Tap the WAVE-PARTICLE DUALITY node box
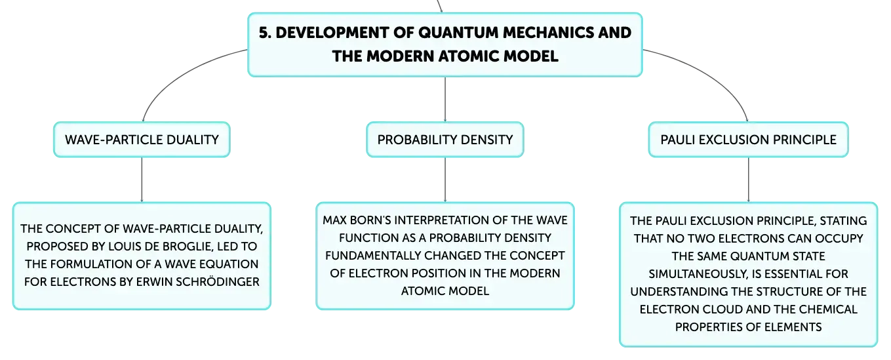point(142,140)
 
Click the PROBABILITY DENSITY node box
point(445,140)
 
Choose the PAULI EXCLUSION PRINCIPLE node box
point(749,140)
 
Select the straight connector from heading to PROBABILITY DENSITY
point(445,99)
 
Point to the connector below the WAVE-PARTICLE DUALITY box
point(142,180)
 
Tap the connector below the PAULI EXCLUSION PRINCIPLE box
point(749,180)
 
